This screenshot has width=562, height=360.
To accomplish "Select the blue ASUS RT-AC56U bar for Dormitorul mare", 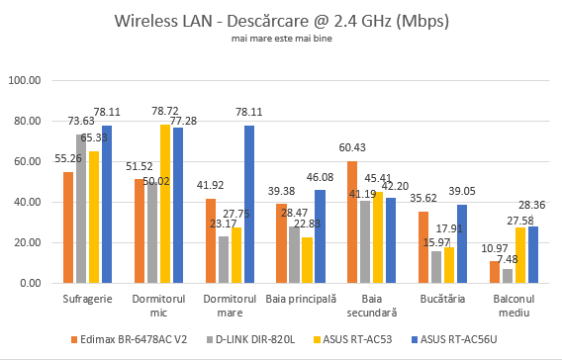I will click(x=249, y=204).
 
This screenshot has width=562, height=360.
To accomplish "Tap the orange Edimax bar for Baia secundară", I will click(x=352, y=222).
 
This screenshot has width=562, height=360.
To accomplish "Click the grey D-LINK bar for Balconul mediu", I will click(x=508, y=276).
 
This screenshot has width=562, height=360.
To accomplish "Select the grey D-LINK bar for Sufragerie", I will click(x=81, y=209).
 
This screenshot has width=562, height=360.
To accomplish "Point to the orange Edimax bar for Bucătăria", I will click(x=423, y=247).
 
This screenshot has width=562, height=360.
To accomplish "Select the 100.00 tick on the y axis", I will click(x=25, y=80).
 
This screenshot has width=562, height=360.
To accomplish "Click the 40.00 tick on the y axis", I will click(x=27, y=202).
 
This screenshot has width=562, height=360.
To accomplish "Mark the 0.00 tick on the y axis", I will click(x=30, y=283).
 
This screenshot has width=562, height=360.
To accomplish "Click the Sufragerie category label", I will click(x=87, y=297).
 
